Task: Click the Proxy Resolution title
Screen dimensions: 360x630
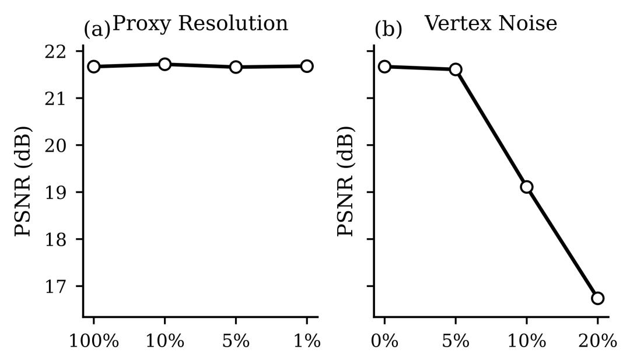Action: coord(200,23)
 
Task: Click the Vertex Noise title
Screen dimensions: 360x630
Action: coord(491,23)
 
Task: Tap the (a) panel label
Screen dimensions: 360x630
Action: coord(97,29)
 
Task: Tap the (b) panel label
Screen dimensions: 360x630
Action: coord(388,29)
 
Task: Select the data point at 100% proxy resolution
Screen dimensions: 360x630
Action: coord(94,67)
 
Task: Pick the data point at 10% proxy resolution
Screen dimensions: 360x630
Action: coord(165,64)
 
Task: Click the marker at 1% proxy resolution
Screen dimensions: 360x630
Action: coord(307,66)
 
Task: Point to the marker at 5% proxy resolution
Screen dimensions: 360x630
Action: coord(236,67)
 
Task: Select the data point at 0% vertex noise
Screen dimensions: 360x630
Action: coord(384,67)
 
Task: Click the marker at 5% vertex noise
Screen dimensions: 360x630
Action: coord(456,69)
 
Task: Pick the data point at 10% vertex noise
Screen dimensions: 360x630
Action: coord(527,187)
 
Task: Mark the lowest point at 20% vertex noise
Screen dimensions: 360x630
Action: coord(597,298)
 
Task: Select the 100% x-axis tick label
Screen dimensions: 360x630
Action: coord(94,341)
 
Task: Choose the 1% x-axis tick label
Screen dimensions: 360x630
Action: coord(307,341)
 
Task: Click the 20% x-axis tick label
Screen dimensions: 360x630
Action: coord(597,341)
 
